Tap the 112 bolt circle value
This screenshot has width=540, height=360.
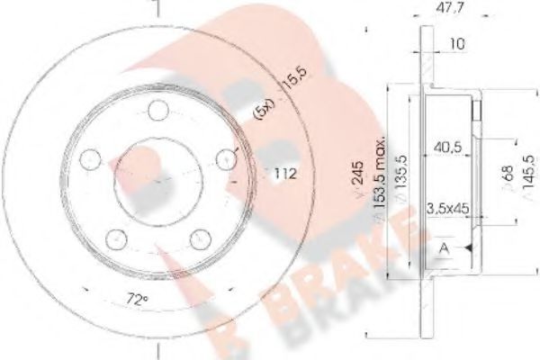(x=286, y=173)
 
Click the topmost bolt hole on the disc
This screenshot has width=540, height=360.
(x=157, y=112)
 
